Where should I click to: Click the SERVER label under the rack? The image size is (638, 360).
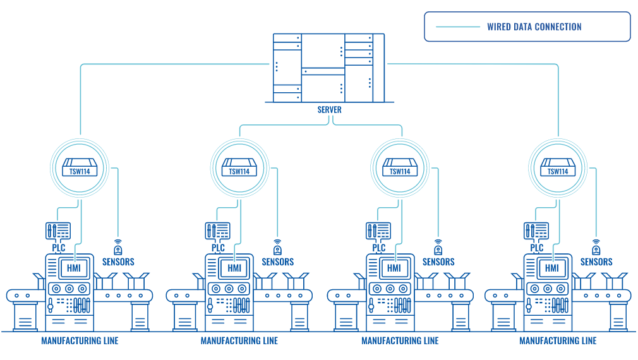tap(329, 110)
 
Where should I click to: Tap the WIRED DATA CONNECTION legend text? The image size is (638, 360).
tap(534, 27)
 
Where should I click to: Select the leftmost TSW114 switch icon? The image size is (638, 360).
tap(80, 167)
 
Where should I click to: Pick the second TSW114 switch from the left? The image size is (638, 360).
tap(239, 167)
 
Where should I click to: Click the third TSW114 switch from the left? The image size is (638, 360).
tap(400, 167)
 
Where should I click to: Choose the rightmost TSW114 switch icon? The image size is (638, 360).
tap(558, 167)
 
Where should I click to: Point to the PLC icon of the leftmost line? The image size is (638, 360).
tap(58, 231)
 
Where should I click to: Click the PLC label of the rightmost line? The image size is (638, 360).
tap(537, 248)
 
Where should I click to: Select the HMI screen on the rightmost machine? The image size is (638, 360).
tap(552, 268)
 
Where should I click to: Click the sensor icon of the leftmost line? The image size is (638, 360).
tap(117, 246)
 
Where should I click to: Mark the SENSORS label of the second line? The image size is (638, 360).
tap(278, 262)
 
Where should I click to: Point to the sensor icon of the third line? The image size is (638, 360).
tap(438, 246)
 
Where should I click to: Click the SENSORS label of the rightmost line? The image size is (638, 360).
tap(596, 262)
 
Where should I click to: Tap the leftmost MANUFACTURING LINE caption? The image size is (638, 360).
tap(80, 341)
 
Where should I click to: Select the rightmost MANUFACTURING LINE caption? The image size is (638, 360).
tap(558, 341)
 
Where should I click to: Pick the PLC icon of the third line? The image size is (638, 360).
tap(378, 231)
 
